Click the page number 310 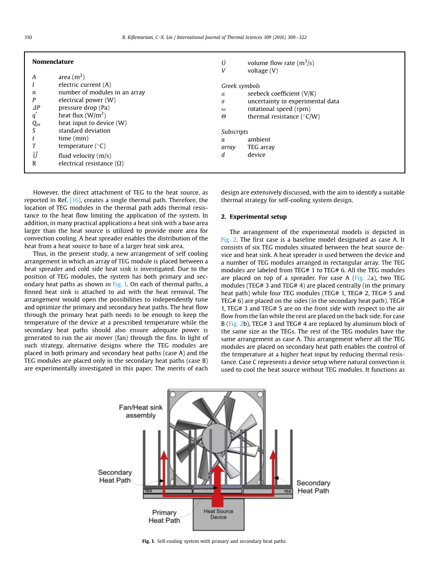tap(28, 38)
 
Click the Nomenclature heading tap(53, 62)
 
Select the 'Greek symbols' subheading tap(240, 86)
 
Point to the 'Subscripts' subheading tap(235, 132)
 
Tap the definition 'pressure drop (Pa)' tap(84, 108)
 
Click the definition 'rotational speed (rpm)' tap(279, 109)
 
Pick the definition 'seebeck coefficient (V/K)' tap(282, 94)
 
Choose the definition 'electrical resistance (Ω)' tap(91, 164)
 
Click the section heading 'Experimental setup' tap(258, 217)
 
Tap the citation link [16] tap(75, 200)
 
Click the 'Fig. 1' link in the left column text tap(120, 284)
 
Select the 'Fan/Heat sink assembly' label tap(141, 411)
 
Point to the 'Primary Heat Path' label tap(164, 516)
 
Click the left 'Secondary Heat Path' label tap(115, 476)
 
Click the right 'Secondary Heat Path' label tap(313, 486)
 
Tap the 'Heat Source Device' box tap(218, 514)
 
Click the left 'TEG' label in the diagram tap(148, 491)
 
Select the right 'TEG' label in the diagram tap(287, 491)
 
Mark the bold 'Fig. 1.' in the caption tap(148, 541)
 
